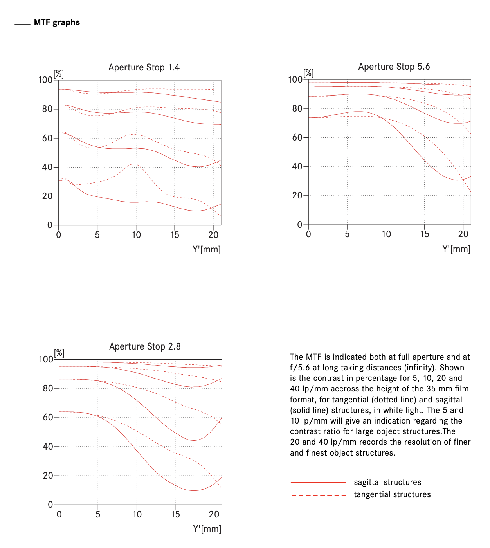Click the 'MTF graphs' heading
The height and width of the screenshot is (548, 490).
tap(57, 22)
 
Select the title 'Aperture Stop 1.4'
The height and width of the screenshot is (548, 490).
tap(144, 67)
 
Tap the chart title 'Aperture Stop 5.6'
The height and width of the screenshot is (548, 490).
tap(394, 67)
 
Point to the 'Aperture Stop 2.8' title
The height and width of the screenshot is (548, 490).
tap(145, 346)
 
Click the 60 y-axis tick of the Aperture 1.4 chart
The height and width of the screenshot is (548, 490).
tap(47, 138)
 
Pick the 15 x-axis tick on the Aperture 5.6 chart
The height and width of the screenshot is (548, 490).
tap(425, 234)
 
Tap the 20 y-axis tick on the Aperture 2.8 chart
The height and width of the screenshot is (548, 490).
tap(48, 476)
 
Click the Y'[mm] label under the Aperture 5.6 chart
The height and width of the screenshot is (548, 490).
tap(456, 249)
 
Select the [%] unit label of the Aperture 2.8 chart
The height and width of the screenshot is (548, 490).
tap(59, 353)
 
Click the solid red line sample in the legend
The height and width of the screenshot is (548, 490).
tap(318, 483)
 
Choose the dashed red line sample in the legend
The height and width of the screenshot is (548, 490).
tap(319, 495)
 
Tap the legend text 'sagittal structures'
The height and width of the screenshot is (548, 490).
tap(387, 482)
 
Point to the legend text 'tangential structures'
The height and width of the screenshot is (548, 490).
tap(392, 494)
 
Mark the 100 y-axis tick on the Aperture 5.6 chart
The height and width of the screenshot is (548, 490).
tap(295, 79)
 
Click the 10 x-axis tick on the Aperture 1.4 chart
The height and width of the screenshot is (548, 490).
tap(136, 235)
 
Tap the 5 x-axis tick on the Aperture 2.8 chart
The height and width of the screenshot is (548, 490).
tap(98, 514)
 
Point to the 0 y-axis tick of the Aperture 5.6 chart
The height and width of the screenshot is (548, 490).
tap(299, 225)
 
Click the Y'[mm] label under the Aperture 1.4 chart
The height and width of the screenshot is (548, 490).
tap(207, 249)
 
